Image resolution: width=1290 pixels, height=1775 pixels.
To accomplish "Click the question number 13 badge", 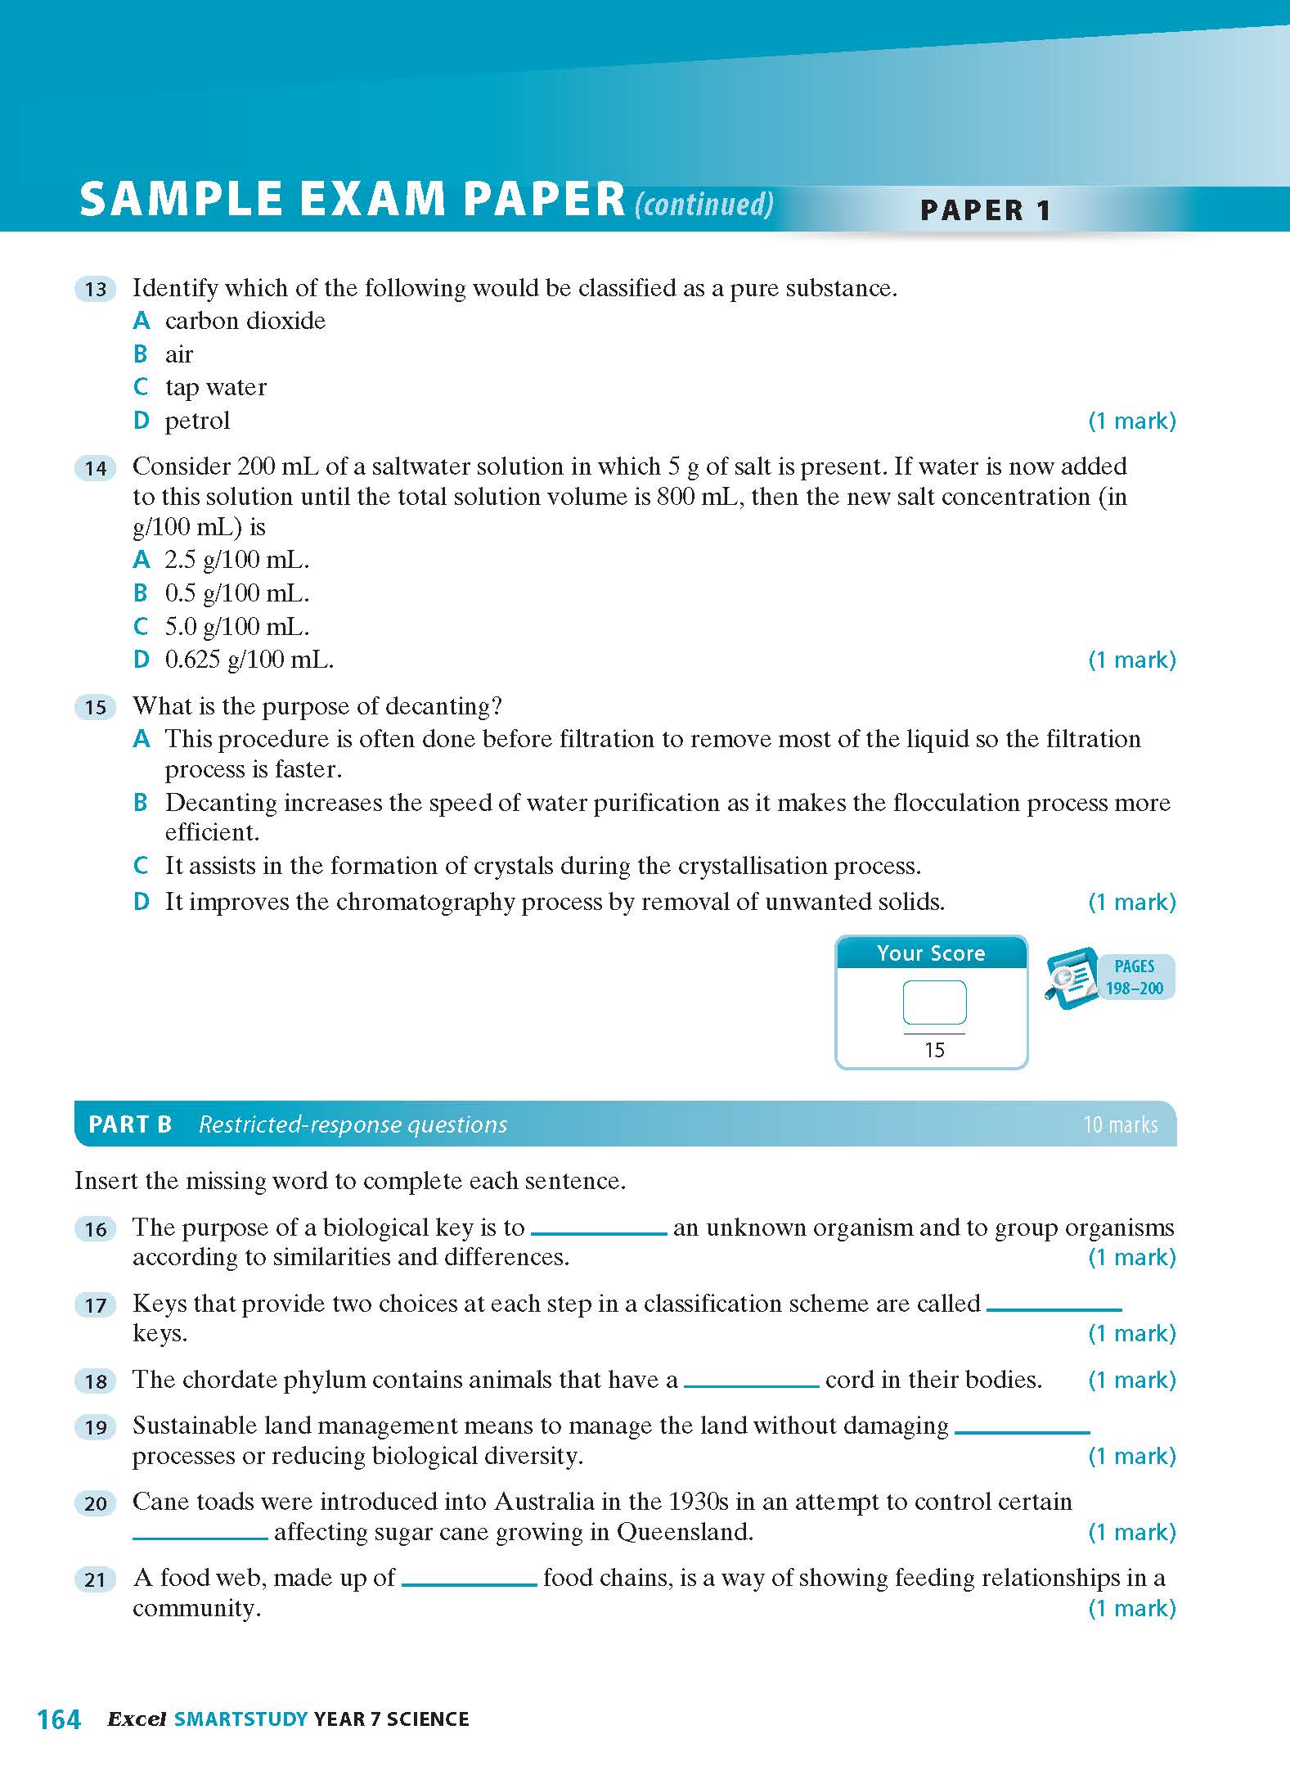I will coord(96,289).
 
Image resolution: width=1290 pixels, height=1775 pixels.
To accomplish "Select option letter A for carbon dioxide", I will coord(142,320).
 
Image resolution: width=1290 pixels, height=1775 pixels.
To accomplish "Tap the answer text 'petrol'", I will coord(197,421).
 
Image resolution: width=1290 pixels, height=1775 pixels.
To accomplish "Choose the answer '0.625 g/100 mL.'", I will coord(249,660).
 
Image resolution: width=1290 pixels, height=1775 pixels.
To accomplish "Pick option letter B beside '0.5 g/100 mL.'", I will coord(141,592).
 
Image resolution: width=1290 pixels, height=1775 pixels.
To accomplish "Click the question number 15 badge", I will coord(96,707).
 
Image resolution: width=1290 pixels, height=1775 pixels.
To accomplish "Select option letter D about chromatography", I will coord(142,902).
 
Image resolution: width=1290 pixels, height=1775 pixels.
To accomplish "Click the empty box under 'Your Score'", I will coord(934,1002).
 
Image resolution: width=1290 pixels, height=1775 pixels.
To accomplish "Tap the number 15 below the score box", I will coord(934,1050).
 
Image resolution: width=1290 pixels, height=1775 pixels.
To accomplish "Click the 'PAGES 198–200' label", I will coord(1134,977).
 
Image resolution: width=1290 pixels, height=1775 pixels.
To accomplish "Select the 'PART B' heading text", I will coord(130,1124).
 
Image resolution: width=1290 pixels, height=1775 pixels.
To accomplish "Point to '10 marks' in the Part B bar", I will coord(1120,1125).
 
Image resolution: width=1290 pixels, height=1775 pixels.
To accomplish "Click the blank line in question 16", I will coord(599,1232).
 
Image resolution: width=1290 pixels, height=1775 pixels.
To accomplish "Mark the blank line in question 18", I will coord(751,1384).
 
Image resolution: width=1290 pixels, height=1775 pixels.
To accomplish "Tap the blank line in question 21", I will coord(469,1583).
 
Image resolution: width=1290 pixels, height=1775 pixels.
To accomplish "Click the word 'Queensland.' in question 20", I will coord(685,1532).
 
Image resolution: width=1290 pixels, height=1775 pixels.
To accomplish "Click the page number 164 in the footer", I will coord(59,1719).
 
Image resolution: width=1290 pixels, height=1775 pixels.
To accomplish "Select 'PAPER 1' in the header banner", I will coord(985,210).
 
